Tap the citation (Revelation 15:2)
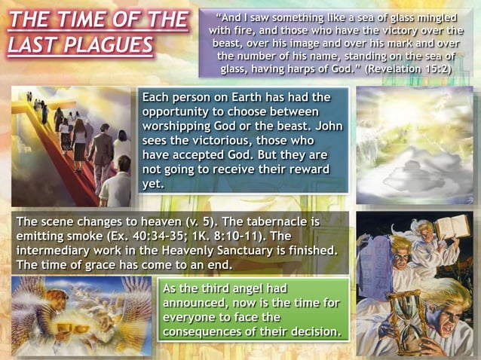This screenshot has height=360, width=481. [x=408, y=69]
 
